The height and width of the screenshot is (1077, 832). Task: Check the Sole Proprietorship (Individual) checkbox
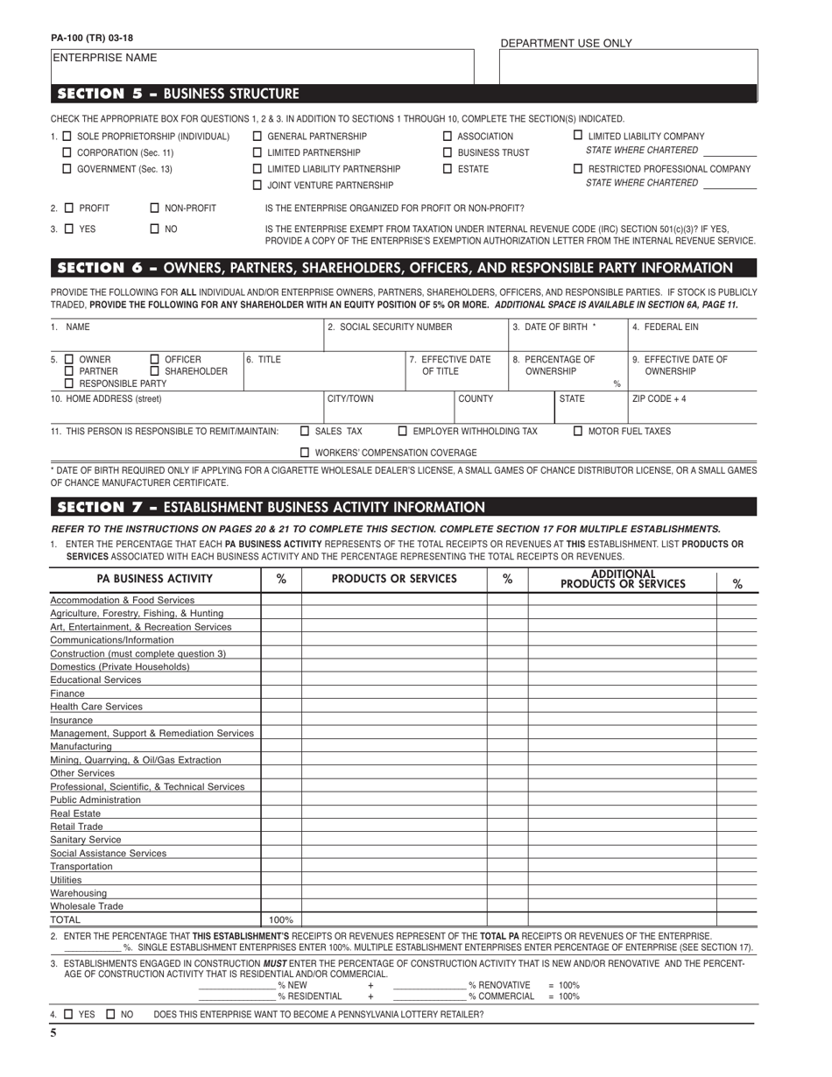click(x=68, y=137)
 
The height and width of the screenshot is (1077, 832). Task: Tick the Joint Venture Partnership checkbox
click(x=257, y=186)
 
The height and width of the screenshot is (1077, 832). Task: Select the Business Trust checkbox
click(x=448, y=152)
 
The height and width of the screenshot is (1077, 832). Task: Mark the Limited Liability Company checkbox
click(x=578, y=136)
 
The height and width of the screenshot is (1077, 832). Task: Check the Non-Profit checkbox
click(x=155, y=208)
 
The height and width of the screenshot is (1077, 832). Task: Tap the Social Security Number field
click(x=416, y=338)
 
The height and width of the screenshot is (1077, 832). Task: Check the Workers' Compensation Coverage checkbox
click(x=305, y=453)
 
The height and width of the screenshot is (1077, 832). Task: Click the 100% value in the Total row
click(x=280, y=920)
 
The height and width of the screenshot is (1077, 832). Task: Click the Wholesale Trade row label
click(x=87, y=906)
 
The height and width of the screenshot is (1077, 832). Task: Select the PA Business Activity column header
click(x=154, y=579)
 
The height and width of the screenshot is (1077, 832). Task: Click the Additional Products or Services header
click(x=623, y=580)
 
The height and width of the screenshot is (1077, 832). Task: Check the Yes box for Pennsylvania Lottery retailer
click(x=69, y=1015)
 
